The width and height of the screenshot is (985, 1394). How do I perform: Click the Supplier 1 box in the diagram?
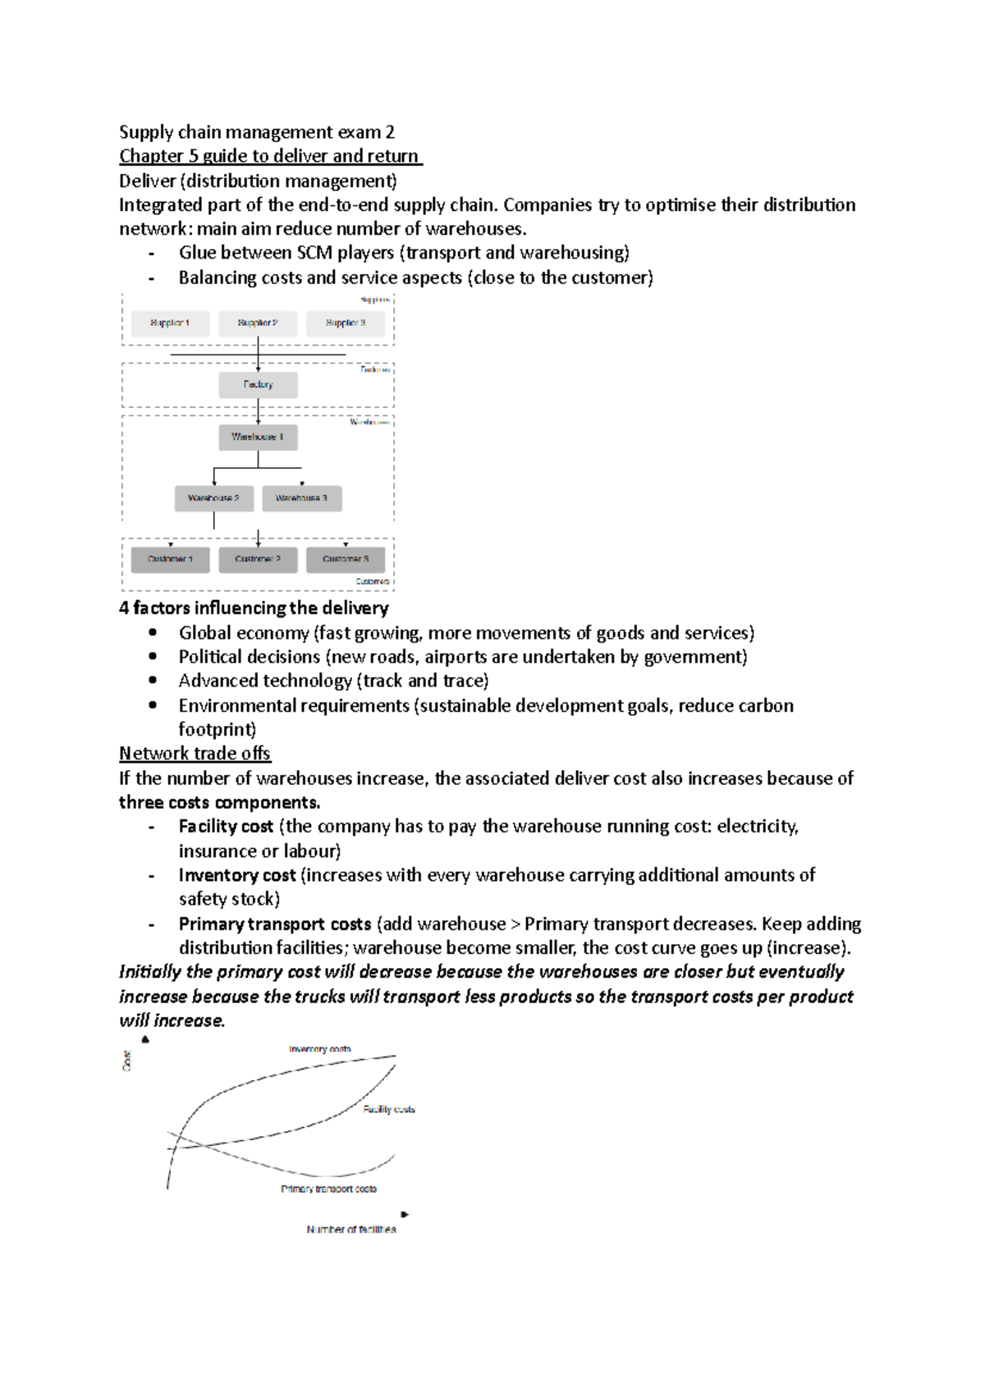[170, 323]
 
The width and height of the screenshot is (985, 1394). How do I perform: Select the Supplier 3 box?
[346, 323]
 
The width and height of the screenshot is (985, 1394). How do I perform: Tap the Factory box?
[258, 385]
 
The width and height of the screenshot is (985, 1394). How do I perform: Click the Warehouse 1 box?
[258, 437]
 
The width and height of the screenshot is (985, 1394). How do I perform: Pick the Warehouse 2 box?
[213, 498]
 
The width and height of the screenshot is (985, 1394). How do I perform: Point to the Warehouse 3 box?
[301, 498]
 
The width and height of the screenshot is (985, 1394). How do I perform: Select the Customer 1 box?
[170, 560]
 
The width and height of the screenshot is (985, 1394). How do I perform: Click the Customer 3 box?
[346, 560]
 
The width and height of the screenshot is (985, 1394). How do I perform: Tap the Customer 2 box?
[258, 560]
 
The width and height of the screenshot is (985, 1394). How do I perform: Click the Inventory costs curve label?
[319, 1049]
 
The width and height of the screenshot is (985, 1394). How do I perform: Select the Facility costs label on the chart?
[389, 1109]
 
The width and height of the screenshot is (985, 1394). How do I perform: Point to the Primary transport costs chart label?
[328, 1189]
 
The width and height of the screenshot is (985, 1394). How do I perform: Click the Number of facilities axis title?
[351, 1229]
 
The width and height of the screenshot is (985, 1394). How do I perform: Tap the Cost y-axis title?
[127, 1060]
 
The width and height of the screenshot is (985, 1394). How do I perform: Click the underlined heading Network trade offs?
[195, 754]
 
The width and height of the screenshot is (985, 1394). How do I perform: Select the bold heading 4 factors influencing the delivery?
[254, 608]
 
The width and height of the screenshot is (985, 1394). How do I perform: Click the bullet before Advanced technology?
[153, 681]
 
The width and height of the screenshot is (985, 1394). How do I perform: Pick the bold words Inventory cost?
[237, 875]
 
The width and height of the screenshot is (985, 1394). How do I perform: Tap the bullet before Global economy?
[153, 632]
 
